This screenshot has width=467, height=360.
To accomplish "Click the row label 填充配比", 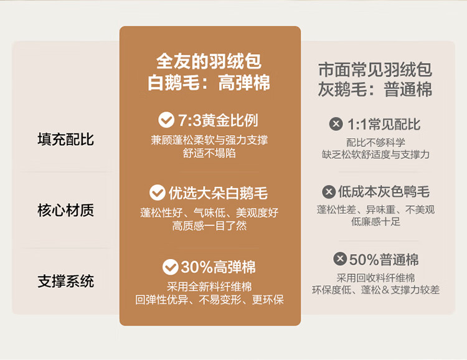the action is [66, 139].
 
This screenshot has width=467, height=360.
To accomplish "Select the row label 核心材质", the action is [66, 210].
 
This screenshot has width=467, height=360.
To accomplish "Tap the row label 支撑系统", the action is [66, 281].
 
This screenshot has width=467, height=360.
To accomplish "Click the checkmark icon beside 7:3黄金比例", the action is [166, 120].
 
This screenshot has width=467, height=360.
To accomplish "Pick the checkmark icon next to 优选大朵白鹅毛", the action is [158, 192].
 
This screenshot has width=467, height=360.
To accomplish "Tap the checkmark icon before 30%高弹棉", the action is [171, 267].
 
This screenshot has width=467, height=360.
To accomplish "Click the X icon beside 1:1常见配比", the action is [336, 124].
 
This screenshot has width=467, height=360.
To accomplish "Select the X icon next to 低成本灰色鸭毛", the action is [329, 192].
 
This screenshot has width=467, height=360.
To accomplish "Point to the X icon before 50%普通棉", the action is [340, 258].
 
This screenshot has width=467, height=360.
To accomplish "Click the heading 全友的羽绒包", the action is [209, 62].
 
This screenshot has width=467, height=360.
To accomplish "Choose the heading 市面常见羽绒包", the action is [375, 69].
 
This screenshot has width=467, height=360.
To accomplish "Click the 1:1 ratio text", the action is [357, 125].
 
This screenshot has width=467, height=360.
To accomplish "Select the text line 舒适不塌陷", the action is [209, 153].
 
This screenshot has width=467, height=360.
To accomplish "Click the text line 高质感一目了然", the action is [209, 225].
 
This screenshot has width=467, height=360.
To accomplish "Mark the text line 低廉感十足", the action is [375, 222].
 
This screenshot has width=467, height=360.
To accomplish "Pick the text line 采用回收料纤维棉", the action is [375, 278].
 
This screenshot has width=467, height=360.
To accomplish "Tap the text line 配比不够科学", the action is [375, 143].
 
